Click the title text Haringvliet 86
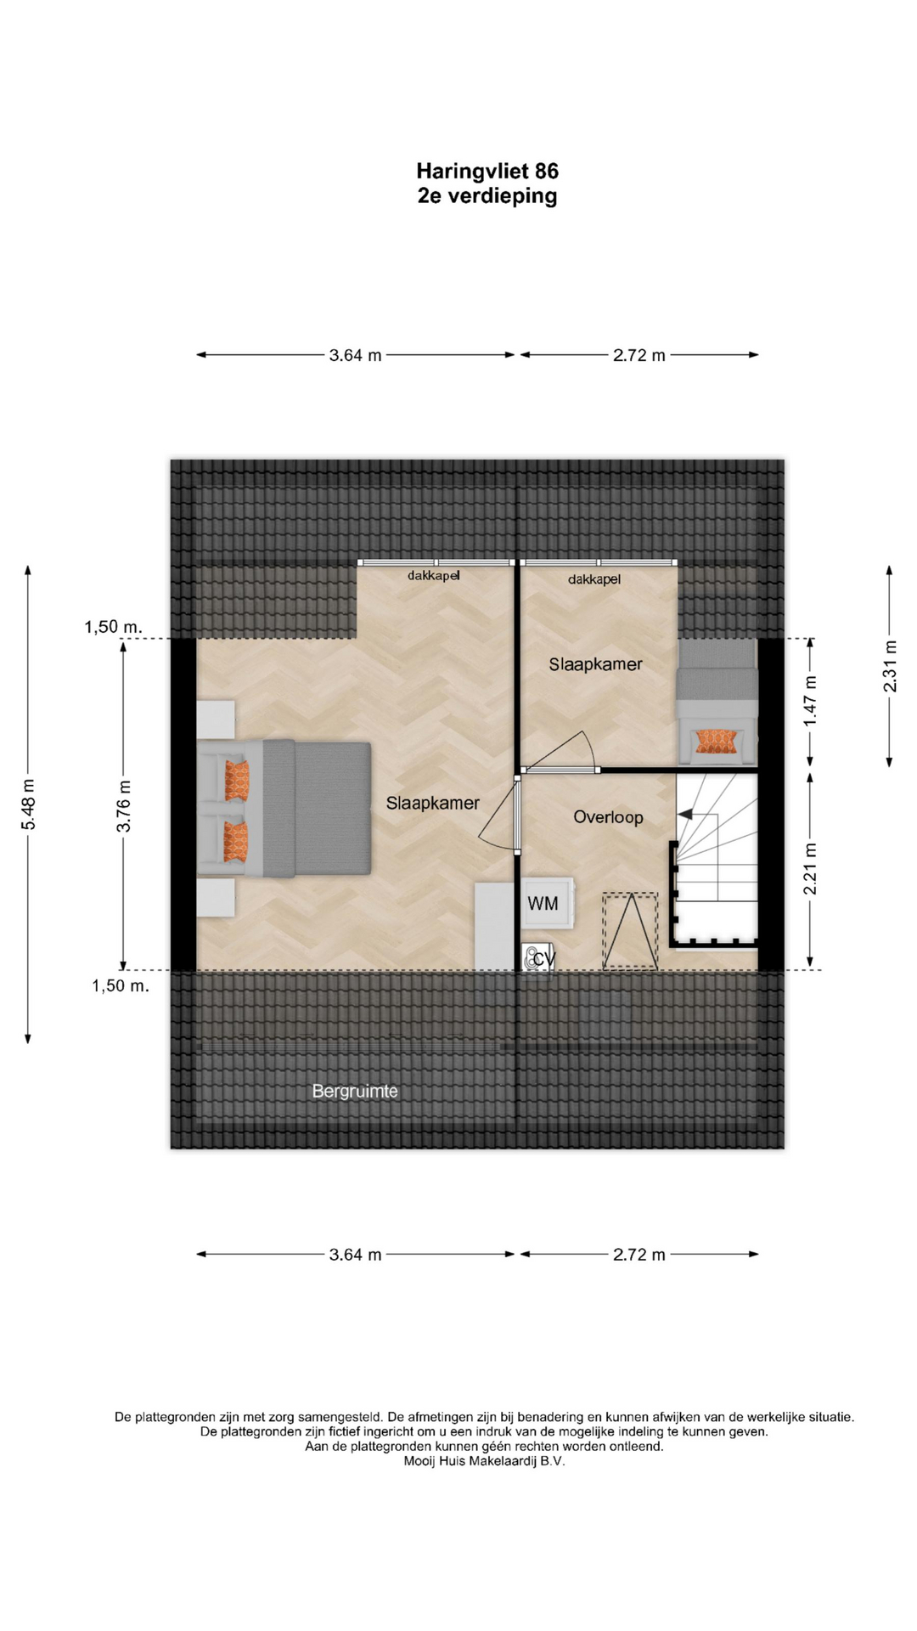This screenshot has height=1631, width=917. pos(487,171)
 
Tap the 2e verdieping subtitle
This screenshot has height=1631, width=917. pos(487,196)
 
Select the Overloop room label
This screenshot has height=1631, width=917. pos(608,817)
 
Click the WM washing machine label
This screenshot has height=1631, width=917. pos(543,903)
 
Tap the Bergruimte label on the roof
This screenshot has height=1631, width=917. pos(355,1091)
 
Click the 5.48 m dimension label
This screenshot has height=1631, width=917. pos(29,804)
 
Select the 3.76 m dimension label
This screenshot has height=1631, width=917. pos(124,804)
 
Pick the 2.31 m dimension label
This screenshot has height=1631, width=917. pos(891,666)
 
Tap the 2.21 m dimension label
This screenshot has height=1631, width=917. pos(810,868)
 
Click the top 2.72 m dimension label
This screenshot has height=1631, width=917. pos(639,355)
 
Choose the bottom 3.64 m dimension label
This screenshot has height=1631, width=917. pos(355,1254)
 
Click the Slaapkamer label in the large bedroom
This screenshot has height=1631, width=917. pos(433,803)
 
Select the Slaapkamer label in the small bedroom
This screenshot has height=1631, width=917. pos(595,664)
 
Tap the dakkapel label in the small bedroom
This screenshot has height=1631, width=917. pos(594,579)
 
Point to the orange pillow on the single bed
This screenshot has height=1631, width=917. pos(715,742)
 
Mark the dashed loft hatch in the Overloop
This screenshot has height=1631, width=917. pos(630,931)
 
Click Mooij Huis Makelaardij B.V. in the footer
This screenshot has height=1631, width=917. pos(484,1461)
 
